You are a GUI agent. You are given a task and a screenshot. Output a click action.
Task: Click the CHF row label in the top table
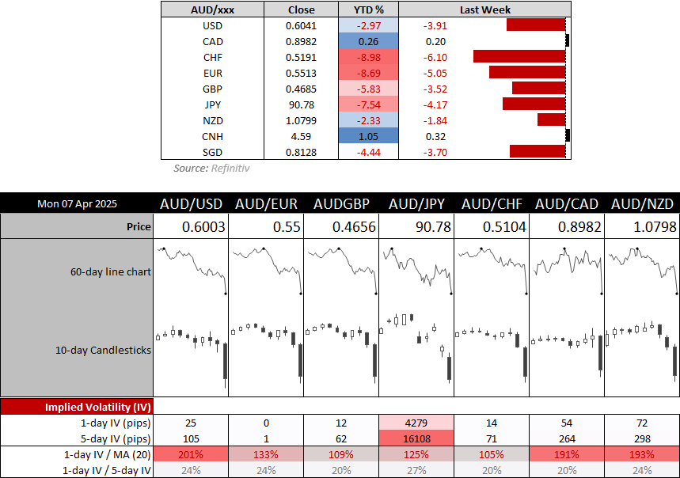point(212,57)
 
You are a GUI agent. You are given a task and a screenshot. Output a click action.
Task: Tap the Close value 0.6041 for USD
point(301,25)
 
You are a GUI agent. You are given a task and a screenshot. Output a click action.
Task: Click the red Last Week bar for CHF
point(519,57)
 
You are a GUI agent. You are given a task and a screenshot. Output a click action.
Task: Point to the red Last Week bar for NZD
point(551,119)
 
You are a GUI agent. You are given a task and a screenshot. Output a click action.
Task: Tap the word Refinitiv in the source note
point(232,168)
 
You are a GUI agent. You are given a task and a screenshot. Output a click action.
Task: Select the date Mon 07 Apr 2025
point(78,203)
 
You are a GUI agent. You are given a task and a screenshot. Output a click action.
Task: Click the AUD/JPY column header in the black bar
point(416,203)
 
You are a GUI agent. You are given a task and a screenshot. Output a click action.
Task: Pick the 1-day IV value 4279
point(416,423)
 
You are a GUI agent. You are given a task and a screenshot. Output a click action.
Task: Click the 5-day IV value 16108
point(416,438)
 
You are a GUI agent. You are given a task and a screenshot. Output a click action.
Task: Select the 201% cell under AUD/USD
point(191,454)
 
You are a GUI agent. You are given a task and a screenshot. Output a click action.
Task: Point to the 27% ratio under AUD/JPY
point(416,470)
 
